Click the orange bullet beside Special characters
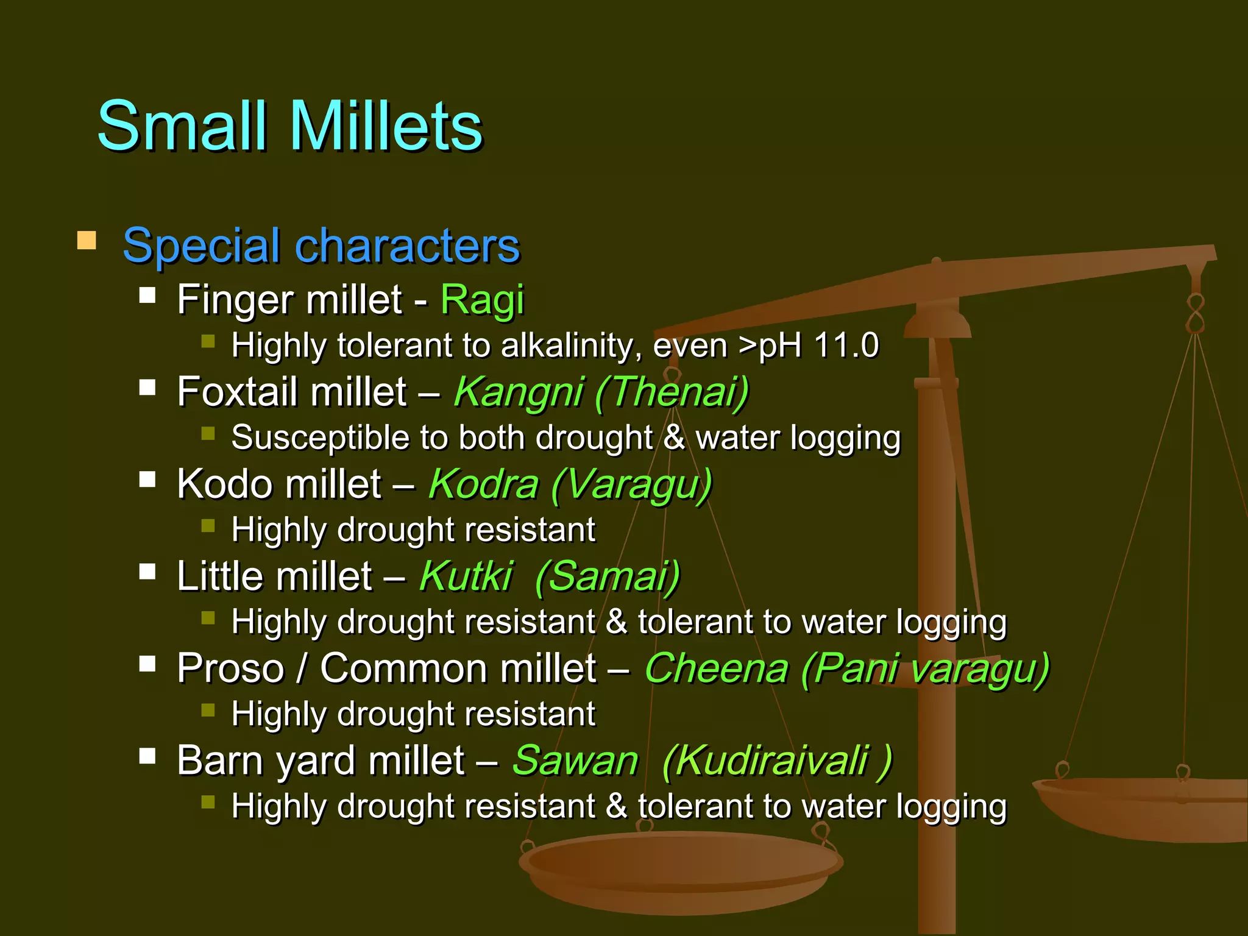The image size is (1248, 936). click(x=87, y=241)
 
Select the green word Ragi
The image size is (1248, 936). click(x=481, y=300)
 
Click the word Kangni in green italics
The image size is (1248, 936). click(x=519, y=392)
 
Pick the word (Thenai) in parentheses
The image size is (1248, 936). click(x=672, y=392)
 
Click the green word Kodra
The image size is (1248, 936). click(x=483, y=484)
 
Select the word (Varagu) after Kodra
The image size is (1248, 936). click(x=631, y=484)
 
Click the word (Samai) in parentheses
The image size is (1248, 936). click(x=608, y=576)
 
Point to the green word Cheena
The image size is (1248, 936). click(x=717, y=668)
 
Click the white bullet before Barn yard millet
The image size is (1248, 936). click(x=147, y=756)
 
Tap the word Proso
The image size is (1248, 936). click(x=230, y=668)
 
